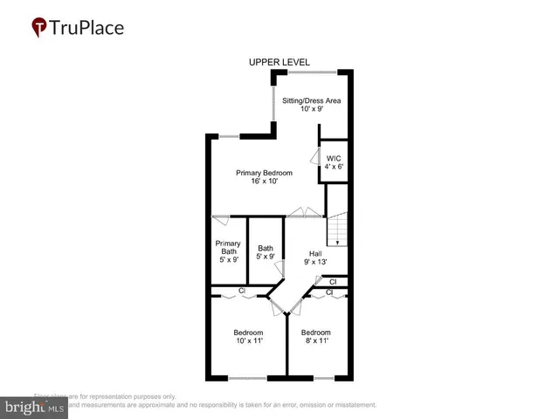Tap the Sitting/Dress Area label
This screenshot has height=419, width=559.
click(x=311, y=100)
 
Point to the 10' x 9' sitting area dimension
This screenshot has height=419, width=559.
click(x=311, y=111)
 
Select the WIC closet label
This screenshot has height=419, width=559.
click(x=335, y=157)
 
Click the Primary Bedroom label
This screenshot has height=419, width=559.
click(x=265, y=173)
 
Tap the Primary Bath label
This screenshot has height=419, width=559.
click(x=228, y=247)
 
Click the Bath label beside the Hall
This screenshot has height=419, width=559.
click(x=266, y=248)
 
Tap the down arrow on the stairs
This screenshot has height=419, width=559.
click(x=338, y=242)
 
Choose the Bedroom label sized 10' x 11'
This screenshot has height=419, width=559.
click(x=248, y=332)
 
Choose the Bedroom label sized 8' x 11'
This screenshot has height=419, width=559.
click(x=316, y=332)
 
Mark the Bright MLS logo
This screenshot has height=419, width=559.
click(x=36, y=407)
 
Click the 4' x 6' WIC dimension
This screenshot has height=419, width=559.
click(x=335, y=167)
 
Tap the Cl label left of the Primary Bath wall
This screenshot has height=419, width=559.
click(x=242, y=291)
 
